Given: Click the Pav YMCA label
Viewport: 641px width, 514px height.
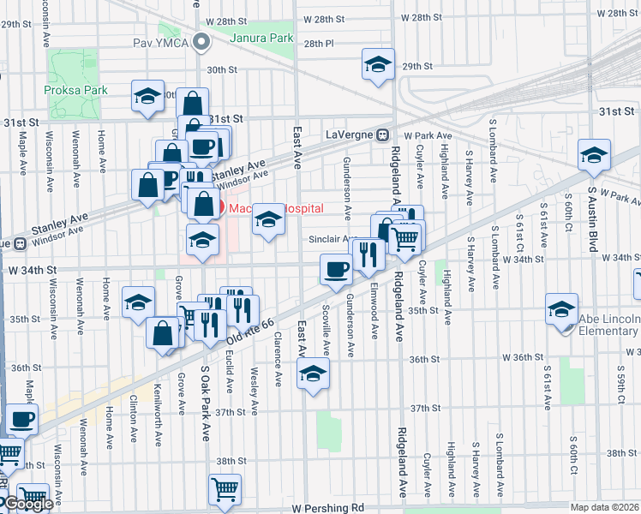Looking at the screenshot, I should tap(159, 42).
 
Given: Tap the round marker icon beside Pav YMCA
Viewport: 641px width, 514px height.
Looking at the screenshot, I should tap(201, 41).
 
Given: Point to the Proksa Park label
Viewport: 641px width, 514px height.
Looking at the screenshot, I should tap(72, 89).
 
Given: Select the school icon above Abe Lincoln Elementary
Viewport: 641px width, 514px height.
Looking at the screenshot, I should tap(561, 310).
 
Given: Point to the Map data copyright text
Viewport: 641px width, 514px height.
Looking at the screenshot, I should tap(605, 507).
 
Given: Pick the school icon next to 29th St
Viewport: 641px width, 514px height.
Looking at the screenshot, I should tap(377, 66).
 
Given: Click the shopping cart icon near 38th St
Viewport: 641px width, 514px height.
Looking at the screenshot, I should tap(225, 489).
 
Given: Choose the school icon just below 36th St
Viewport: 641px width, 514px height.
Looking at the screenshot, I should tap(313, 374).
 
